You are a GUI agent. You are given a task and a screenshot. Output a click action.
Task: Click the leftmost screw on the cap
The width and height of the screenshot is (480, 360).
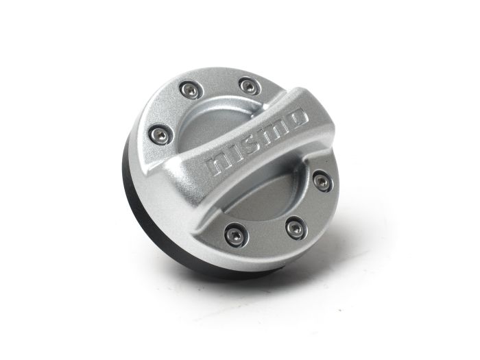pyautogui.click(x=160, y=133)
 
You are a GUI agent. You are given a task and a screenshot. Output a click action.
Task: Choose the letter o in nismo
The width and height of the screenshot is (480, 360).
pyautogui.click(x=296, y=119)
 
